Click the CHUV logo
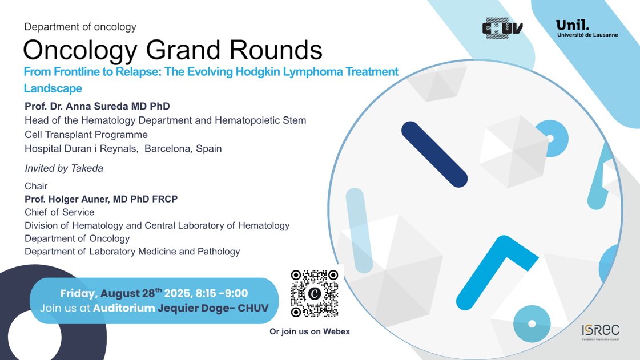502,28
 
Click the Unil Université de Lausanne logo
587,29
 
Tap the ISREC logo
601,332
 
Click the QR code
315,294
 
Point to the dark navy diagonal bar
434,155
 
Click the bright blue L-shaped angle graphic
497,272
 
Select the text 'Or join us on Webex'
310,331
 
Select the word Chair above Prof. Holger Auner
36,187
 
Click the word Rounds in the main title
276,50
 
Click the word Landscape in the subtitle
53,88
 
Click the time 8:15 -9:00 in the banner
222,293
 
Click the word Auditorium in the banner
124,308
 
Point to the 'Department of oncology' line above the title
80,27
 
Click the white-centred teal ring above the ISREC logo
532,323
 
